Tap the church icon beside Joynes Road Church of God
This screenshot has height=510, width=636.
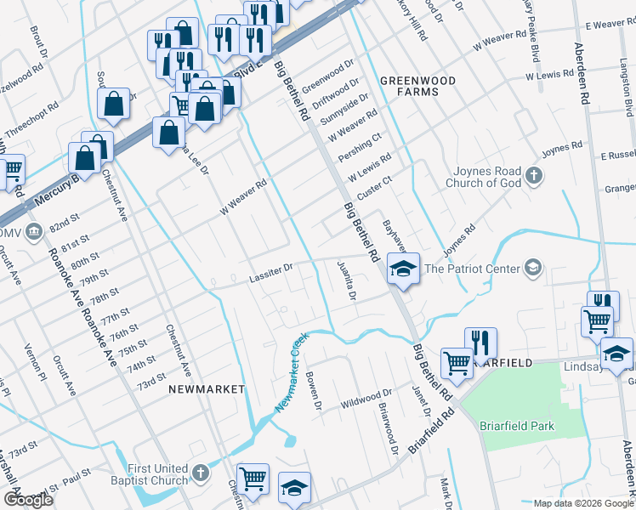533,176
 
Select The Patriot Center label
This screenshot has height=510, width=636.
471,269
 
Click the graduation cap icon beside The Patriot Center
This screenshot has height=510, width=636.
532,269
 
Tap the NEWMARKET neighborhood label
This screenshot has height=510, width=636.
207,388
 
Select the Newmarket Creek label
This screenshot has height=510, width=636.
290,373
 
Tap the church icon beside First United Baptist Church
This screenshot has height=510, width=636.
200,473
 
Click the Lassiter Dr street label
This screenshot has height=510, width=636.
270,272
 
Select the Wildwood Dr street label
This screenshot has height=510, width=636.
366,398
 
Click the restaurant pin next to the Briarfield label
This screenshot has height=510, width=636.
480,343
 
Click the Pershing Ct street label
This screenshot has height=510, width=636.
359,144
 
